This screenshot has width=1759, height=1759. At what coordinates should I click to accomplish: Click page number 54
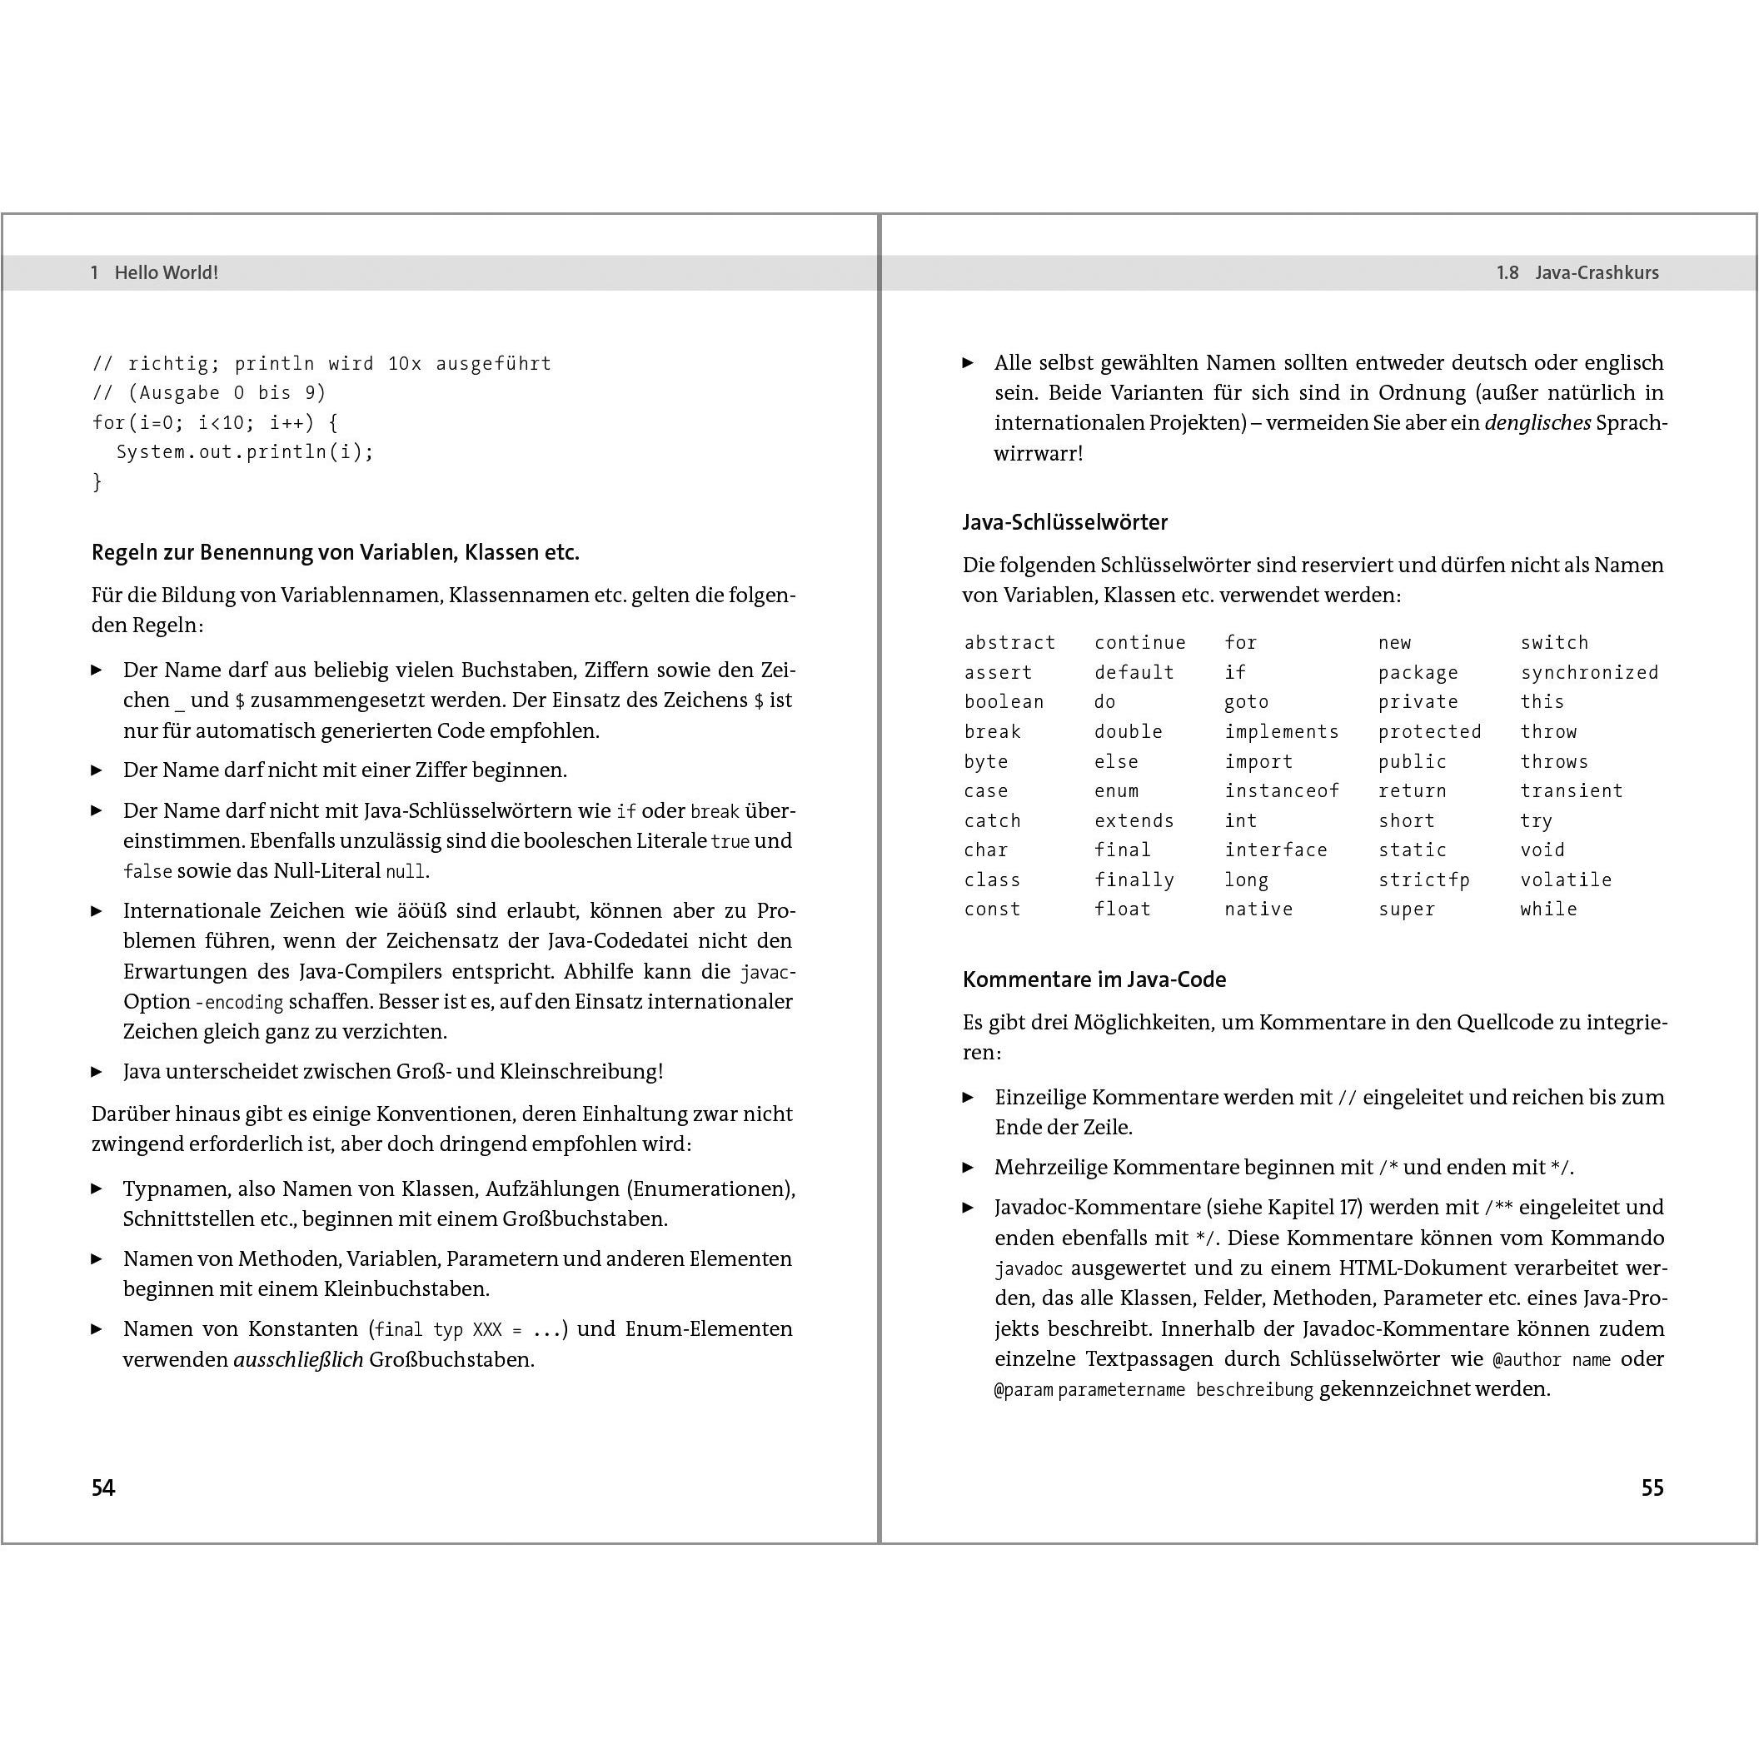(103, 1487)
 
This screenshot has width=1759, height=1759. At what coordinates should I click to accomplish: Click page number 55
(1652, 1487)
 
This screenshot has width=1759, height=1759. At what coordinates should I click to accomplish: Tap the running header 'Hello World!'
(166, 272)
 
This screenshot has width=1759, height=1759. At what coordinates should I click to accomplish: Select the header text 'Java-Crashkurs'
(1596, 272)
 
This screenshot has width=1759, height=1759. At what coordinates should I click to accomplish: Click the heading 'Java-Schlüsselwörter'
(1064, 521)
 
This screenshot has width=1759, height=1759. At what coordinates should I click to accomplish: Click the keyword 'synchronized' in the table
(1589, 672)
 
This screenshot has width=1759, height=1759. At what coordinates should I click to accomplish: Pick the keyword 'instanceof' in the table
(1281, 790)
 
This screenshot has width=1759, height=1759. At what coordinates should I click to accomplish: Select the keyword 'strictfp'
(1423, 879)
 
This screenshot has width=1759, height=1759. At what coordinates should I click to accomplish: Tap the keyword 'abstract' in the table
(1009, 642)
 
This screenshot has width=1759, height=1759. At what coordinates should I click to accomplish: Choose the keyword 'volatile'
(1565, 879)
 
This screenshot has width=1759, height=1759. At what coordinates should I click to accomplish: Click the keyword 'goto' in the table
(1245, 701)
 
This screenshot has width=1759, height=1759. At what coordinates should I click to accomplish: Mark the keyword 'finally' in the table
(1134, 879)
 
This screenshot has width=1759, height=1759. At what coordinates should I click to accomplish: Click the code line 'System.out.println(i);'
(245, 451)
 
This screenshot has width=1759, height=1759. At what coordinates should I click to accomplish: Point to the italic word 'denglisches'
(1537, 422)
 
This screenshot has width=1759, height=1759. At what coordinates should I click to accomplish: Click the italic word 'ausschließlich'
(297, 1359)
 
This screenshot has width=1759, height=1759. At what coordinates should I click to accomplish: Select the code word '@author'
(1525, 1359)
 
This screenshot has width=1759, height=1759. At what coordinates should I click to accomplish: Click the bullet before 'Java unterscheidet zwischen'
(97, 1072)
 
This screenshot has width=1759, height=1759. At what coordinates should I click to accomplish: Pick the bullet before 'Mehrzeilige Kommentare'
(968, 1167)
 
